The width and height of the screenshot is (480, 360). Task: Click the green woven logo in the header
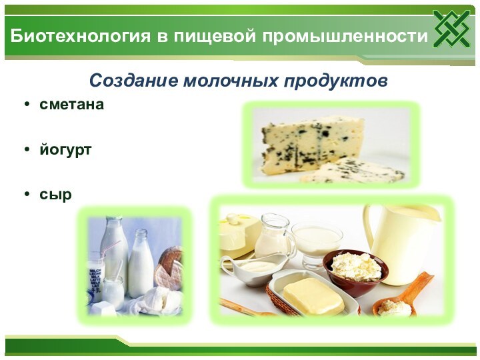click(x=451, y=29)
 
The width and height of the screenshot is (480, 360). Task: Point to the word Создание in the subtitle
click(x=133, y=81)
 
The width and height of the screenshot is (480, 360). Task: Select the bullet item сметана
click(x=71, y=105)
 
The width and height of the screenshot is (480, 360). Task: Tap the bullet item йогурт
click(x=65, y=150)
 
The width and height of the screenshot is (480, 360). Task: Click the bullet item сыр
click(x=55, y=195)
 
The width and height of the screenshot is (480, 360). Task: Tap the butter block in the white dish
click(x=313, y=295)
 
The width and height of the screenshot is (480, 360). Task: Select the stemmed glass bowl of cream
click(x=317, y=240)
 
